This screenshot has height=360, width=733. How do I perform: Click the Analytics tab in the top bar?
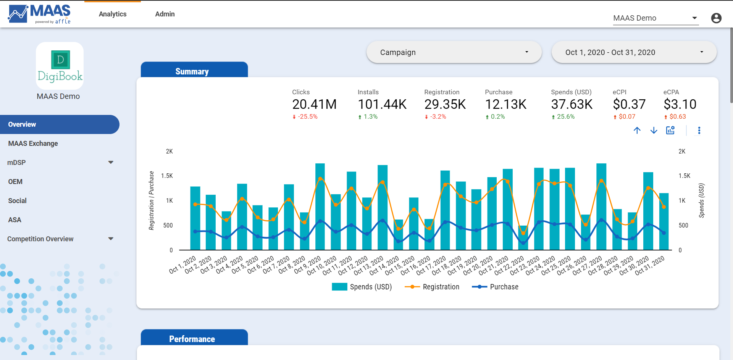pos(112,14)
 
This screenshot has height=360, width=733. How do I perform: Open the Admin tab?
pos(165,14)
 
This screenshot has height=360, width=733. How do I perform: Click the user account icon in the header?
pos(716,18)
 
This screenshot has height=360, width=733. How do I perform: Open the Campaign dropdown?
pos(454,52)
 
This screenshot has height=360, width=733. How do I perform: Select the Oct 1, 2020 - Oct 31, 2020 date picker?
pos(634,52)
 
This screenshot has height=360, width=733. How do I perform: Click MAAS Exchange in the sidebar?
pos(33,144)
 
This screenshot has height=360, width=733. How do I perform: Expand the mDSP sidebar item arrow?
pos(111,163)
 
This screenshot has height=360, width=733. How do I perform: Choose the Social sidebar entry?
pos(18,201)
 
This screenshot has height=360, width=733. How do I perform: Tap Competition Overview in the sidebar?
pos(40,239)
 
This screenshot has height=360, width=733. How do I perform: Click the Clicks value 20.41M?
pos(314,104)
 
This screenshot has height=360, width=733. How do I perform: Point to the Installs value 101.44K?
pos(382,104)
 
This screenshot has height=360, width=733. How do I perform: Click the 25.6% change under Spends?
pos(565,117)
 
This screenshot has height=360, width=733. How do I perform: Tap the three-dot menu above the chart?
pos(699,131)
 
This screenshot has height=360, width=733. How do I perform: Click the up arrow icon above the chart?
pos(637,131)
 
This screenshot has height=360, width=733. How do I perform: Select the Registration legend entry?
pos(441,287)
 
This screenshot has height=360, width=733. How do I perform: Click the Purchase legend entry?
pos(504,287)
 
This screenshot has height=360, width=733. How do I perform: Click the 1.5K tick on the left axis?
pos(167,176)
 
